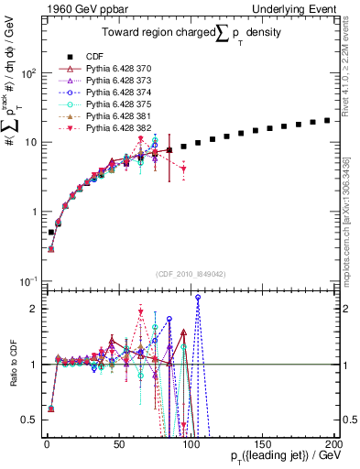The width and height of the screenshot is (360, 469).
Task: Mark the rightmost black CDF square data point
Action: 327,120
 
